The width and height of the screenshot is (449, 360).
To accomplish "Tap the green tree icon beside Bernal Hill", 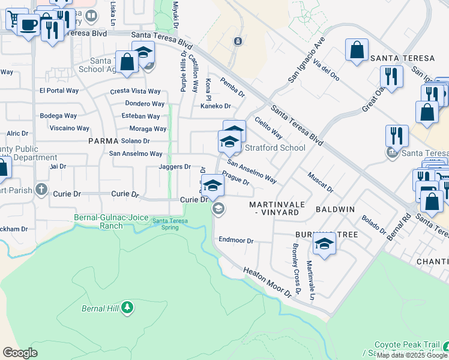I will click(127, 308).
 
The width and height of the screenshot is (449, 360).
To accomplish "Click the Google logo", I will click(20, 353).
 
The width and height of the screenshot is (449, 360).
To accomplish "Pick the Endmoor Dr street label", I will click(237, 241).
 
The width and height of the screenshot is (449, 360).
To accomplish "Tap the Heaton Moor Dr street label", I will click(271, 281).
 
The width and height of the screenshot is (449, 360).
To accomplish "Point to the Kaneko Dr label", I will click(215, 106).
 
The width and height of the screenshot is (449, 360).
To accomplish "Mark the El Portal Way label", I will click(59, 91).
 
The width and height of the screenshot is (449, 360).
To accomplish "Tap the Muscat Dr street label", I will click(320, 182).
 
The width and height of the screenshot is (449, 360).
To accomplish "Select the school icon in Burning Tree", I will click(324, 244).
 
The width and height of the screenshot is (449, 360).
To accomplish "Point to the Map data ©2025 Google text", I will click(412, 355).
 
